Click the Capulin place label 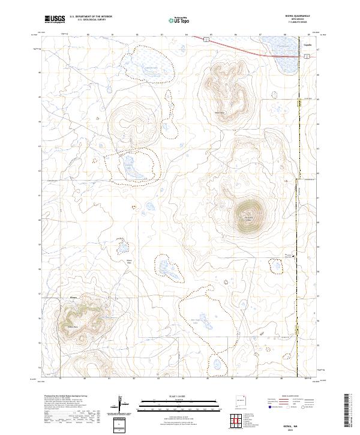(308, 46)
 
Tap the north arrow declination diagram (121, 406)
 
